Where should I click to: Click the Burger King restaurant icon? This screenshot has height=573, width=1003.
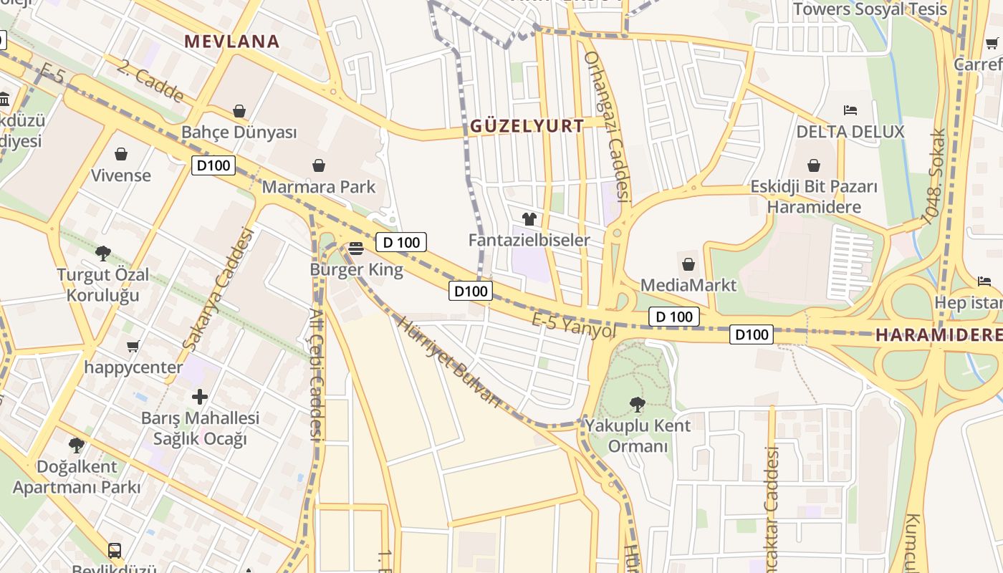pyautogui.click(x=356, y=249)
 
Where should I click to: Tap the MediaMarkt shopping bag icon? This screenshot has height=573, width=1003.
pyautogui.click(x=688, y=264)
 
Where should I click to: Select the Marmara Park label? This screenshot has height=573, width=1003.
pyautogui.click(x=318, y=187)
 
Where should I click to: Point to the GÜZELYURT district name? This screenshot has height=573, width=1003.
pyautogui.click(x=527, y=126)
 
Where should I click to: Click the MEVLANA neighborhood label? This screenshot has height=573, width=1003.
pyautogui.click(x=231, y=41)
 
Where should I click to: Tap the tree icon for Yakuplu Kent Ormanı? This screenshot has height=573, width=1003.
pyautogui.click(x=637, y=405)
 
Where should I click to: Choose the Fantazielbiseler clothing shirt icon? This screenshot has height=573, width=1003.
pyautogui.click(x=529, y=219)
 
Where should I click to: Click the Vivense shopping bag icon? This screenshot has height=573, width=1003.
pyautogui.click(x=121, y=154)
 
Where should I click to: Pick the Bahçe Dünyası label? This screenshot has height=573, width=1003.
pyautogui.click(x=239, y=133)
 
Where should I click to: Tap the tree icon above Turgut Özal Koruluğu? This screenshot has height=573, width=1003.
pyautogui.click(x=103, y=253)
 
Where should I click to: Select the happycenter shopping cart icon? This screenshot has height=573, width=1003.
pyautogui.click(x=133, y=347)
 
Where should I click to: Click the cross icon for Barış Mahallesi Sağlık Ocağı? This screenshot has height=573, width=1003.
pyautogui.click(x=200, y=396)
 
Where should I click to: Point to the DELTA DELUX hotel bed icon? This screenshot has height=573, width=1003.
pyautogui.click(x=850, y=110)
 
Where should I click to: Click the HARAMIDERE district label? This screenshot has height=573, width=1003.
pyautogui.click(x=939, y=334)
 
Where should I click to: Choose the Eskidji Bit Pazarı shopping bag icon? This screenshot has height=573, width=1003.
pyautogui.click(x=814, y=166)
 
